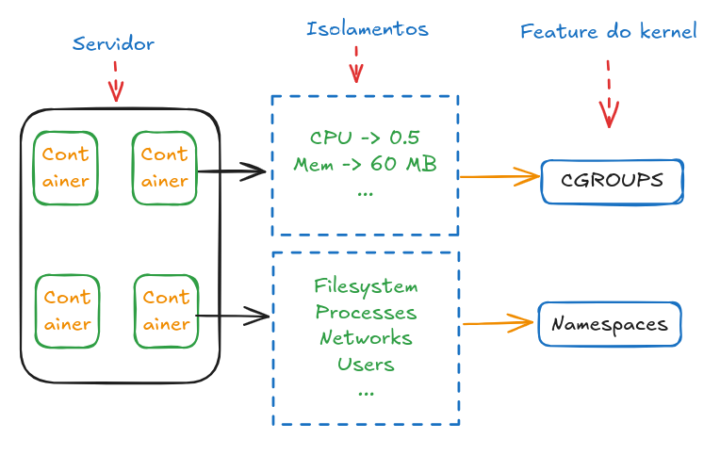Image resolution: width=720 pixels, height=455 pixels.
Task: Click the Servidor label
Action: (x=113, y=44)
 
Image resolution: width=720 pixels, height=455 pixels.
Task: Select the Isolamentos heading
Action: (x=367, y=29)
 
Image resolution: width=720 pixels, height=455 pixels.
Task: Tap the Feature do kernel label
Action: (x=608, y=32)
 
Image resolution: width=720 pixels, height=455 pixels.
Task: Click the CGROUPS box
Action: (x=612, y=181)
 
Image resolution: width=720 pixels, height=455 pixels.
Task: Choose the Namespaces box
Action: (x=609, y=324)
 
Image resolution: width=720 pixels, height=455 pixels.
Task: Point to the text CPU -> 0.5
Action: (x=365, y=138)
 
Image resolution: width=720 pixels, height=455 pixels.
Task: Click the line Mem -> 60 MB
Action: (x=365, y=164)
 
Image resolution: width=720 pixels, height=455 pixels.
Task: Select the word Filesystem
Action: (x=366, y=286)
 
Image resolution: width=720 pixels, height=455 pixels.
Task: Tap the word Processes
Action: (x=366, y=312)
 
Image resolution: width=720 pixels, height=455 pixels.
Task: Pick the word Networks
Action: (x=366, y=337)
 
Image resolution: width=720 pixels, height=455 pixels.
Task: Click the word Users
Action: (x=366, y=363)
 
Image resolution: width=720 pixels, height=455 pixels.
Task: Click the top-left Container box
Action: (x=66, y=168)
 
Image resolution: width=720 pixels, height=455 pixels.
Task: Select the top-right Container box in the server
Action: (x=165, y=168)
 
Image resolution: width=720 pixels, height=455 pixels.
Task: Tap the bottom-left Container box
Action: (x=67, y=310)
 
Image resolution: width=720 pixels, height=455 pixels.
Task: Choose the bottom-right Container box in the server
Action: (x=166, y=310)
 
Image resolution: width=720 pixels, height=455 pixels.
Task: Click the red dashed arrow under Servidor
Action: (x=115, y=82)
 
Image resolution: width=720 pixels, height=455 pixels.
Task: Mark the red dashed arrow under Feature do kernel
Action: (x=609, y=94)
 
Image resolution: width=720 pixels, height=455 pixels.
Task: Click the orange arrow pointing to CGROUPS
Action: (x=498, y=175)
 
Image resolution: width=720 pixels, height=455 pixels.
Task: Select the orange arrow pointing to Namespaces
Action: (x=498, y=323)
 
